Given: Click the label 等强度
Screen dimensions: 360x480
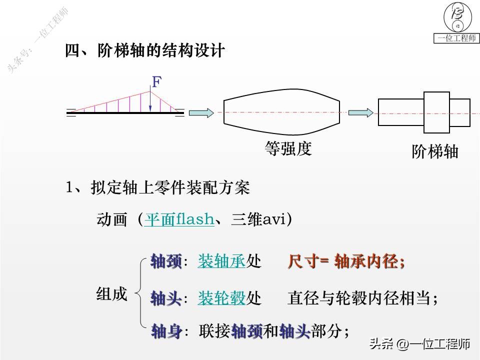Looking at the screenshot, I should [x=288, y=148].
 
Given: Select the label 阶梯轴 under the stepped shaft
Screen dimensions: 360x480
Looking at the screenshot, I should [x=434, y=151].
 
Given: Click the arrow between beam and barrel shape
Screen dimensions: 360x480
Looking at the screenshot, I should [x=202, y=113].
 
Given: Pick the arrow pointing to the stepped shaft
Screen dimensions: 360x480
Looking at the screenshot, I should [x=360, y=113].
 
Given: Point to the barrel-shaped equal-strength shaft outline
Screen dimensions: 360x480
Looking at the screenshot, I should [x=281, y=112].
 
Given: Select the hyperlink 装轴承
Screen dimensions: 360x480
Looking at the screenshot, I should [x=221, y=261].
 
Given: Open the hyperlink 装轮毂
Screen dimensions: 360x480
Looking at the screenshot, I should [x=221, y=299].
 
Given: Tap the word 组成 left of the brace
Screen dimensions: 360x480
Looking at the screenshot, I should [x=111, y=294].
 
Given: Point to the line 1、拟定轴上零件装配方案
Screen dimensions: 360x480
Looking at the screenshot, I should [x=157, y=188].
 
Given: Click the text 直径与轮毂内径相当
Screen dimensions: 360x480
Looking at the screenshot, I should [x=362, y=299].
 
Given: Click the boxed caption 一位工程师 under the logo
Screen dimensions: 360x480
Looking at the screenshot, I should [x=456, y=38].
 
